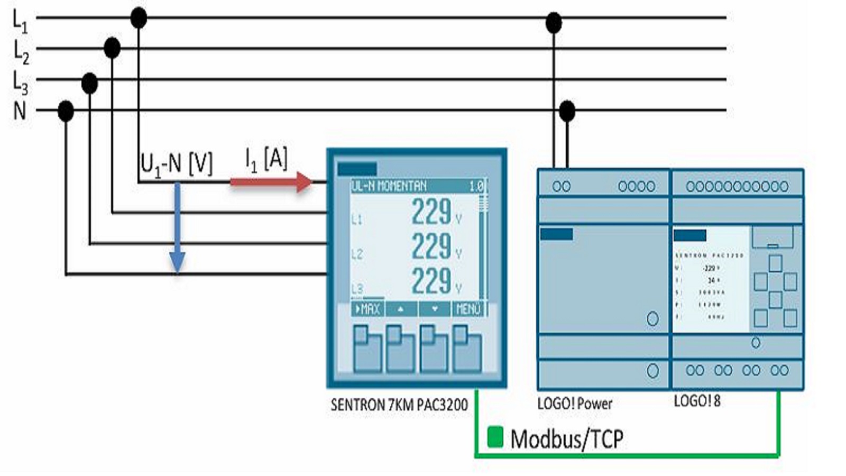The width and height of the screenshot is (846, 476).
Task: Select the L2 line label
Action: tap(21, 52)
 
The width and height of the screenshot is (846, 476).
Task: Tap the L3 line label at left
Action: tap(20, 83)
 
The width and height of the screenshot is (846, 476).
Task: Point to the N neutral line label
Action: tap(20, 111)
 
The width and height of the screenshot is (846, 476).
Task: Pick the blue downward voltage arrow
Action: tap(177, 227)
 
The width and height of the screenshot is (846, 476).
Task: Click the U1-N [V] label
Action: tap(176, 164)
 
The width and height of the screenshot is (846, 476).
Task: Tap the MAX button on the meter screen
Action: tap(367, 309)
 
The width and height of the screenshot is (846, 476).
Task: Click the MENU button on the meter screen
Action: tap(468, 309)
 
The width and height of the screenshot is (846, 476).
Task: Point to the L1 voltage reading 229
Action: tap(431, 212)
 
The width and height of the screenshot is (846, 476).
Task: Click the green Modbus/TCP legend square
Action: tap(495, 437)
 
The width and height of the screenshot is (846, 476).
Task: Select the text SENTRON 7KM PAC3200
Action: tap(399, 405)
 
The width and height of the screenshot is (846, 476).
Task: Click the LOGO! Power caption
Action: tap(575, 404)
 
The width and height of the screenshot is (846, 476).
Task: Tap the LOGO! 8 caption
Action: tap(697, 401)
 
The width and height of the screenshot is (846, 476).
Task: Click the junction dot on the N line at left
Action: tap(66, 111)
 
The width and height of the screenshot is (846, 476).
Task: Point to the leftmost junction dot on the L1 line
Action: tap(139, 18)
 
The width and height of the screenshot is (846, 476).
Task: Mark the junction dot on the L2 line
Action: tap(112, 48)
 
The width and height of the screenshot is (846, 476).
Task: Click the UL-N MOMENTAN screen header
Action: tap(389, 186)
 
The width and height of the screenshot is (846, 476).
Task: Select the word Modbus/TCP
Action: tap(567, 439)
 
